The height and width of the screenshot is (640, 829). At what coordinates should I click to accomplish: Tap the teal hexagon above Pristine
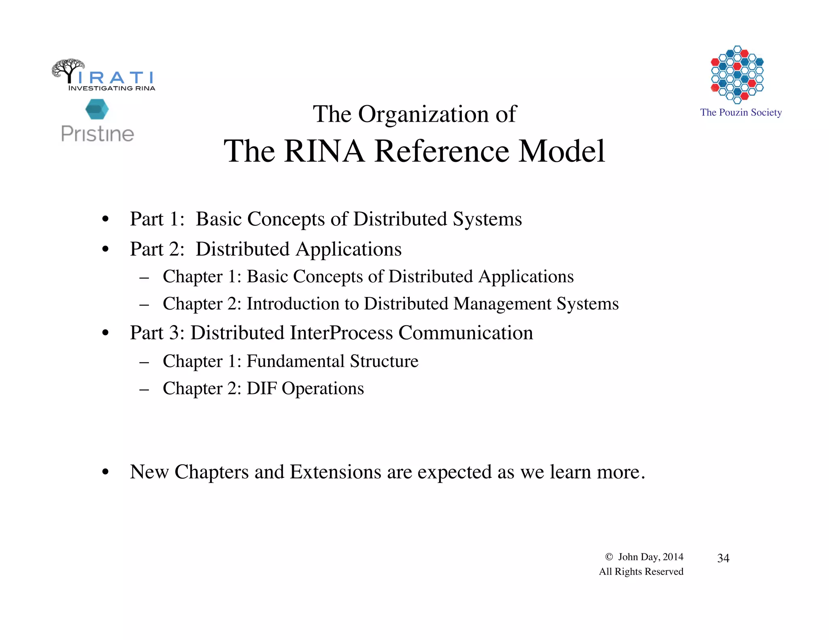tap(97, 109)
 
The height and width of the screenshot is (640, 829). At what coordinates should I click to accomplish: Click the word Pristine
tap(98, 134)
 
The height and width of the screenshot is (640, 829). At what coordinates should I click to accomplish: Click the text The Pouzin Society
tap(741, 112)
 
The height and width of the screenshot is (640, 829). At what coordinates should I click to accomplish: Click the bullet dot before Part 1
tap(106, 220)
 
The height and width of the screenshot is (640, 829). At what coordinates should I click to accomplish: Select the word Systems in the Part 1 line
tap(487, 219)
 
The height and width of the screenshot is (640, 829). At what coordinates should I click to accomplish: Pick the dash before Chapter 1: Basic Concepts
tap(144, 278)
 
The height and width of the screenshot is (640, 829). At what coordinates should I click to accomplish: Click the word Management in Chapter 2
tap(502, 303)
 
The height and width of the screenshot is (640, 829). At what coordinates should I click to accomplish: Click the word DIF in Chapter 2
tap(261, 388)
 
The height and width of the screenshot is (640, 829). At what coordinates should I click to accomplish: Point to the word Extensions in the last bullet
tap(336, 472)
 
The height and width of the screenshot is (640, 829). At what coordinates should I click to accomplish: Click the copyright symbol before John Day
tap(609, 557)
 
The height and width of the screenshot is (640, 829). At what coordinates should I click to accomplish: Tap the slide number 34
tap(723, 558)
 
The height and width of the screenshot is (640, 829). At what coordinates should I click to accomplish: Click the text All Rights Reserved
tap(641, 572)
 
